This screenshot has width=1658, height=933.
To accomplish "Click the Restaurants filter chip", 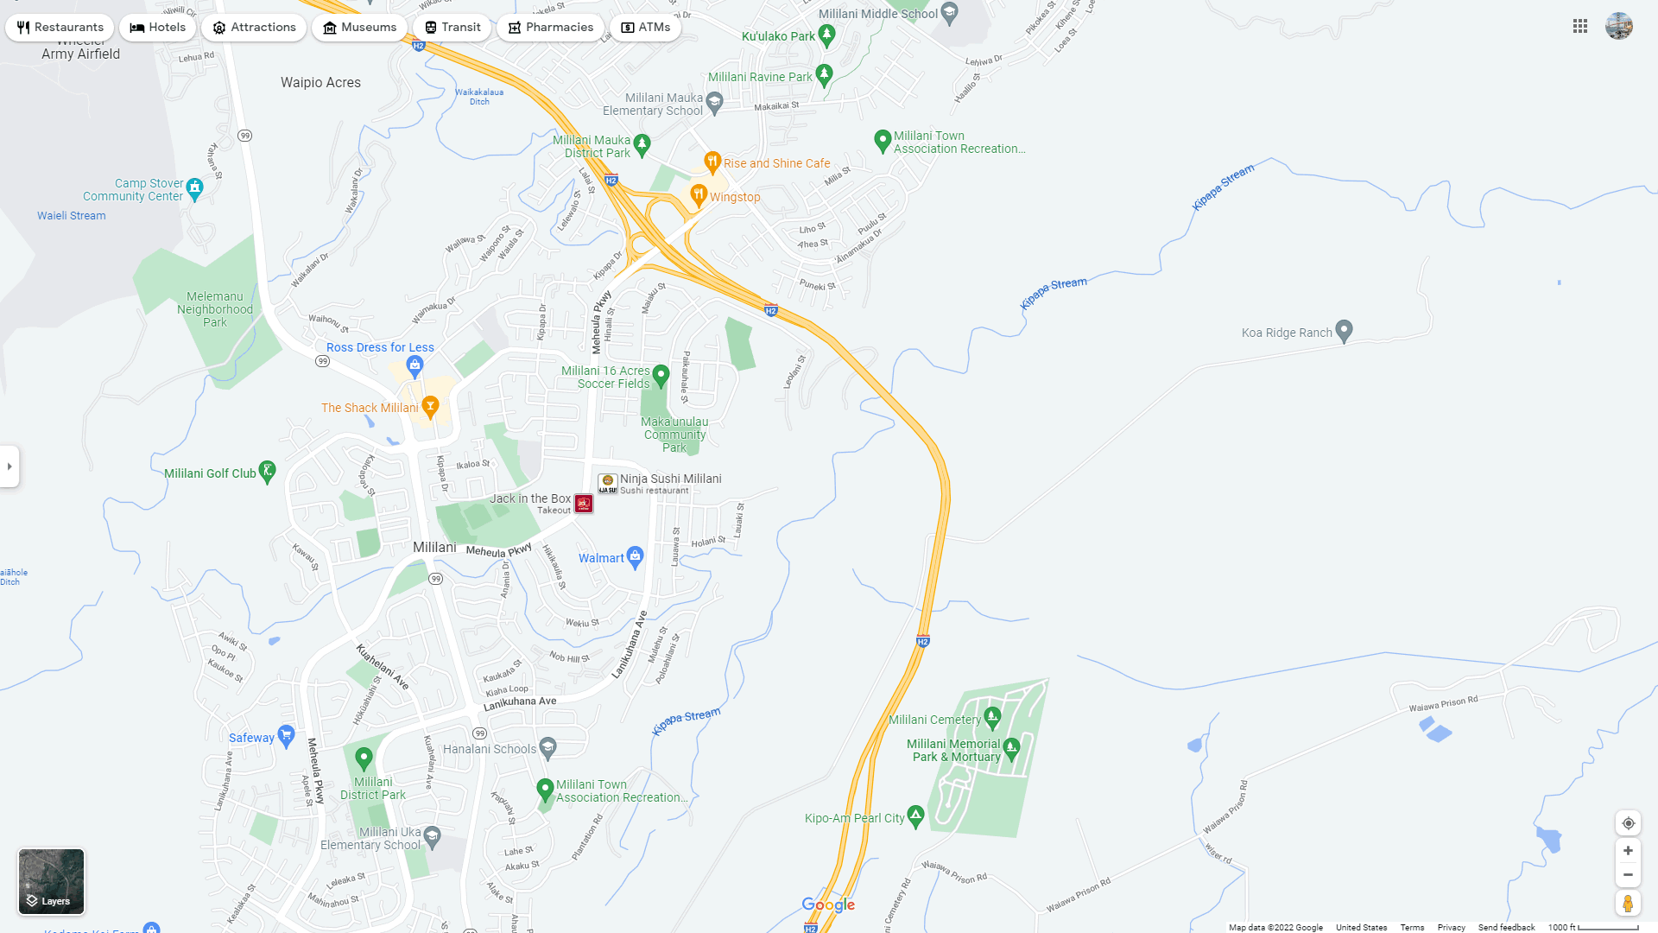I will point(60,28).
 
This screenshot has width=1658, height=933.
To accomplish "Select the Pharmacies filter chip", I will point(550,28).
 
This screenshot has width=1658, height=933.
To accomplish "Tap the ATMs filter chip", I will point(645,28).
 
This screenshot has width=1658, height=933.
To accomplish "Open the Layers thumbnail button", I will point(52,881).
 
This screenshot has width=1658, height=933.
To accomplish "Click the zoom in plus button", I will point(1628,851).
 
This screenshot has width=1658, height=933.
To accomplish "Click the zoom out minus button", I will point(1628,875).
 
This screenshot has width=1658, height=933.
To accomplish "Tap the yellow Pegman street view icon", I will point(1628,904).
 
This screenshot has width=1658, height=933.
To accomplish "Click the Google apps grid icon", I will point(1580,27).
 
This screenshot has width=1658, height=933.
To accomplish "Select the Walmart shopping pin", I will point(636,556).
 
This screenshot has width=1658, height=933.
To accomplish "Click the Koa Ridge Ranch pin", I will point(1344,331).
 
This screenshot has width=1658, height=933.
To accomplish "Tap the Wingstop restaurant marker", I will point(699,195).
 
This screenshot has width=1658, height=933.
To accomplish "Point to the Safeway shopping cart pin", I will point(287,736).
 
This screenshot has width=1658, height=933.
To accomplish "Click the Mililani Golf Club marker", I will point(268,472).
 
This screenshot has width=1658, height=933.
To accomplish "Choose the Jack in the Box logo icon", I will point(584,504).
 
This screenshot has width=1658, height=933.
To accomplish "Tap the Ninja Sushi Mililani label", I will point(670,479).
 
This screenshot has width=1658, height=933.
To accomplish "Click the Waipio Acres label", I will point(320,83).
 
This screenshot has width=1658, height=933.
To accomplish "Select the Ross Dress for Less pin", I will point(415,365).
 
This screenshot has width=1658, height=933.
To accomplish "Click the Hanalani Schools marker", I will point(547,747).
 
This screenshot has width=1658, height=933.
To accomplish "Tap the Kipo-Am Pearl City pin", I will point(915,816).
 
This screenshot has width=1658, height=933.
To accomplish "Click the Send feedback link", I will point(1506,928).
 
